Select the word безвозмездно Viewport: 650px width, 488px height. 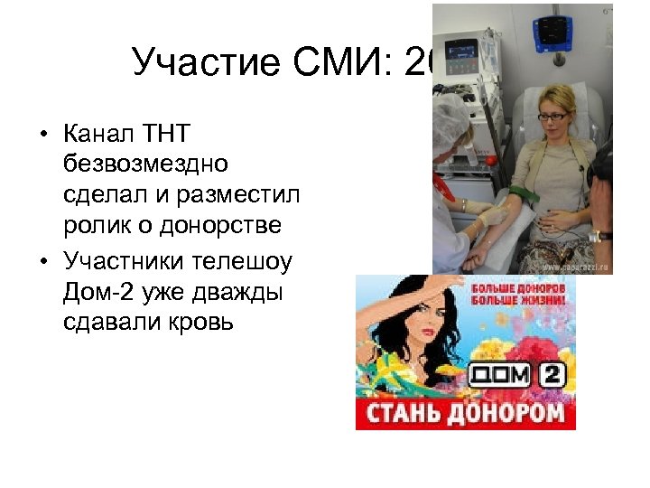[x=146, y=164]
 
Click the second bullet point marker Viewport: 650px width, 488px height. [x=43, y=264]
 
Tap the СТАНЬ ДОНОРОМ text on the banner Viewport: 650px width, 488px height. [x=465, y=413]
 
